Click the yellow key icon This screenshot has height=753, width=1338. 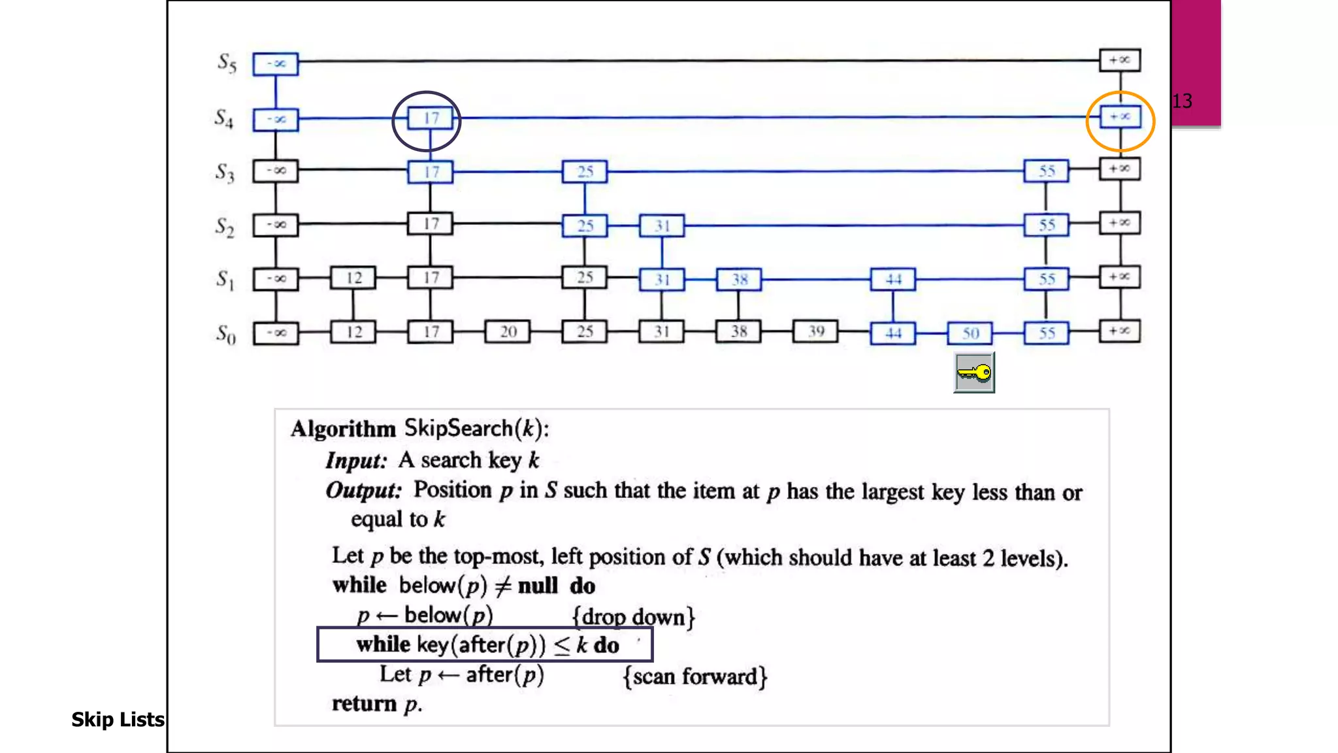click(974, 373)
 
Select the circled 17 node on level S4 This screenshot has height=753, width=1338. click(430, 118)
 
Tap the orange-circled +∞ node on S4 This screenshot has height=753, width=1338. click(1120, 117)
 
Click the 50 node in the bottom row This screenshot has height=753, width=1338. click(970, 333)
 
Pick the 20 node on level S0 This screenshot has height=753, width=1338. click(508, 332)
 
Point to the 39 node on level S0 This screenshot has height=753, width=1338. click(815, 332)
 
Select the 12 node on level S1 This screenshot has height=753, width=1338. click(353, 278)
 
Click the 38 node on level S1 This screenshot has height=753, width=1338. click(739, 280)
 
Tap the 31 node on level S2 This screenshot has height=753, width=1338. click(662, 226)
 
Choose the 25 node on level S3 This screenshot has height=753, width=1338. click(585, 172)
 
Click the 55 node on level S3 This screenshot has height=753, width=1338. click(1046, 171)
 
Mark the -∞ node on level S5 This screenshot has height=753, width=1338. click(276, 64)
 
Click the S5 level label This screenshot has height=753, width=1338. click(227, 63)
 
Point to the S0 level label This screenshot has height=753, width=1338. click(226, 335)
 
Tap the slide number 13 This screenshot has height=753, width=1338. click(1182, 101)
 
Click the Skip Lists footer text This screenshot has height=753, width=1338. click(118, 720)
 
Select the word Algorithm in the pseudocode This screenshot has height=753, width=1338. click(344, 429)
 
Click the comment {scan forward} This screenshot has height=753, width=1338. click(694, 677)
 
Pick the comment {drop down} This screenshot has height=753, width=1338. click(633, 617)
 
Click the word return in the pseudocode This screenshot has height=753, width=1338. click(365, 704)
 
